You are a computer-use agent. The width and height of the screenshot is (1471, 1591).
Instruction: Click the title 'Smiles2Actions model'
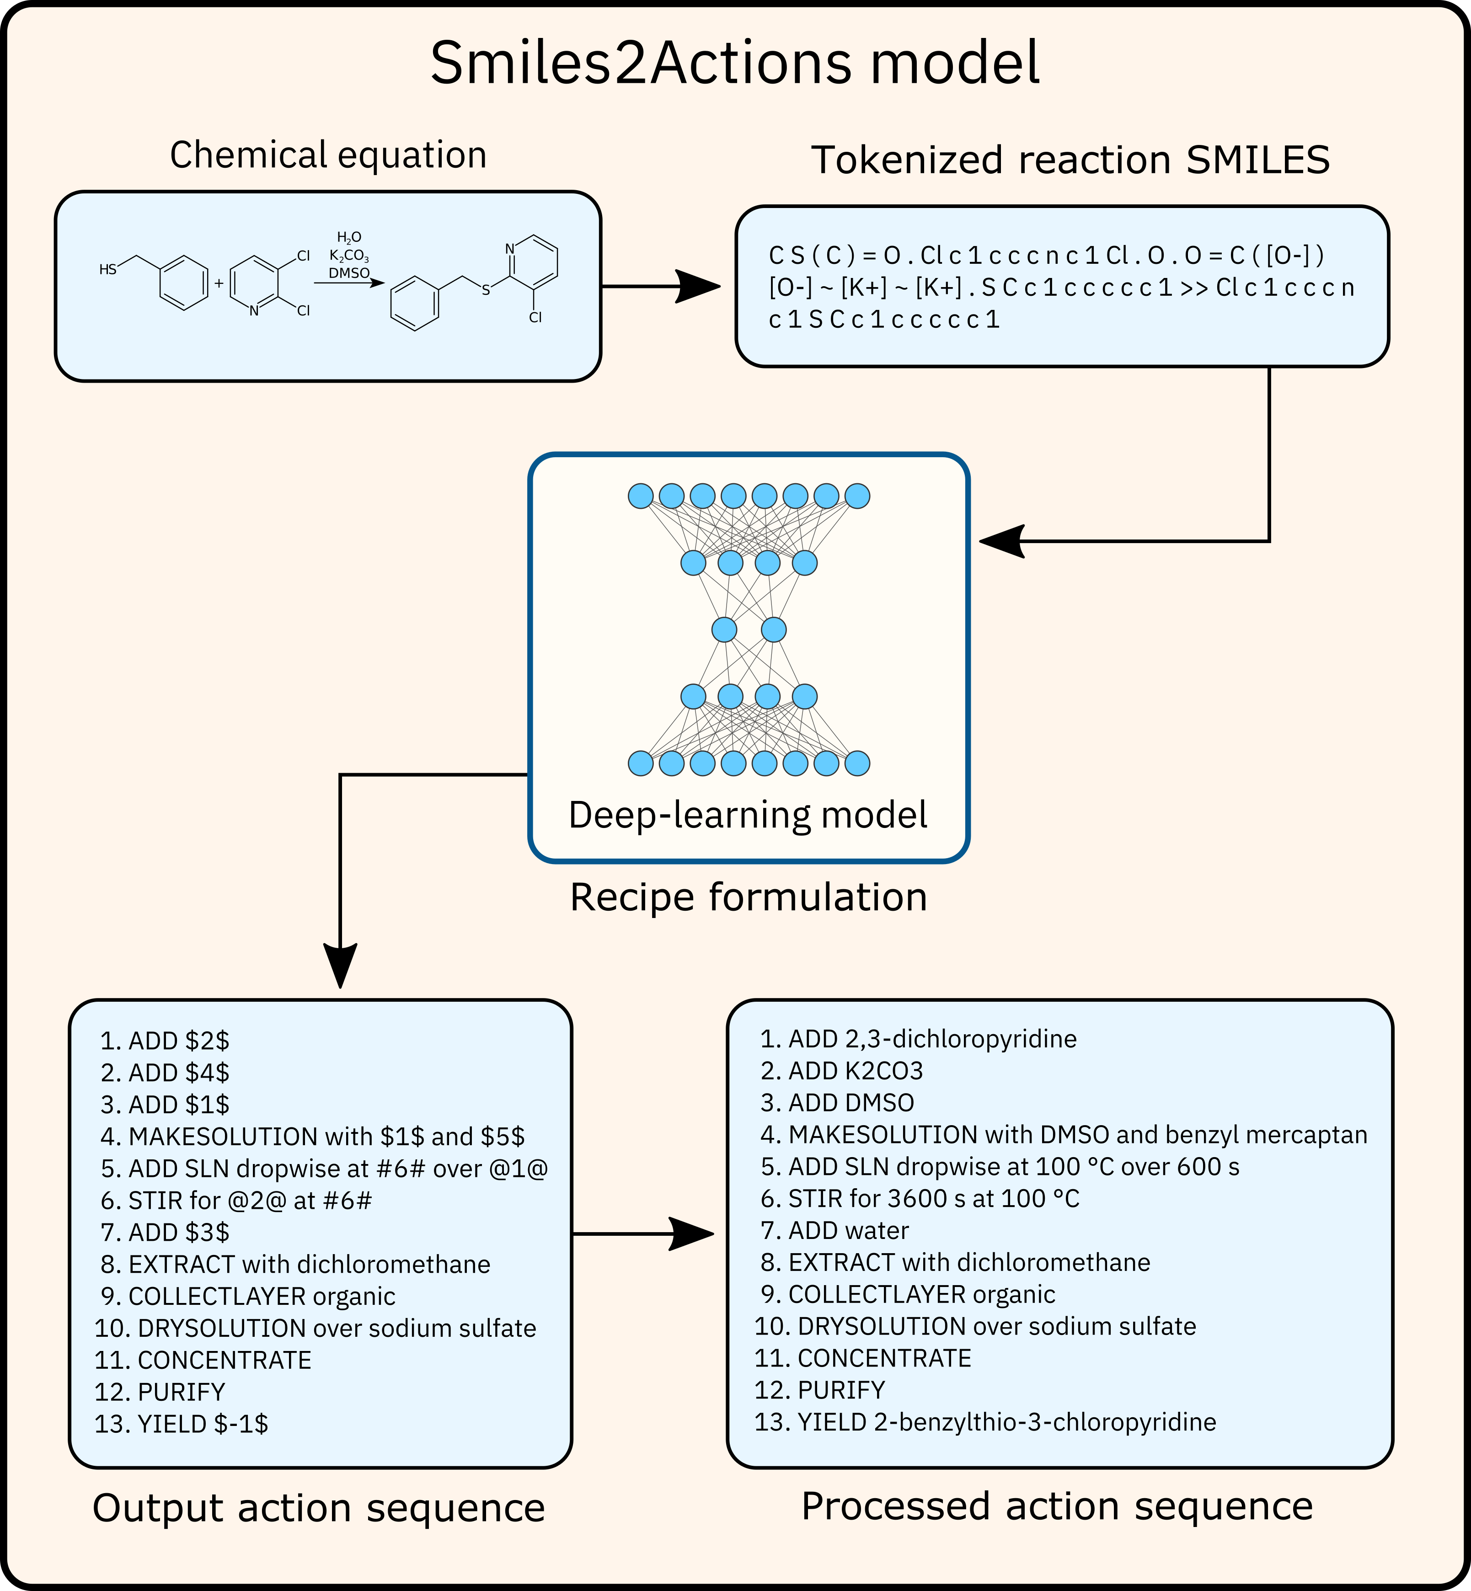[735, 64]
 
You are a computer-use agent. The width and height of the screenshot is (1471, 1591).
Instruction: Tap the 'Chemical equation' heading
[328, 155]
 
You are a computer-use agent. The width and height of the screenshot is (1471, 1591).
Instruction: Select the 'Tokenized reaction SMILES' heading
[1070, 160]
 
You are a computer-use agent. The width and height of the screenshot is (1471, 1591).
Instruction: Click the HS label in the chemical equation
[107, 270]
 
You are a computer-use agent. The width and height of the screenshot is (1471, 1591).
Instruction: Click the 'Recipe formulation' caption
[748, 897]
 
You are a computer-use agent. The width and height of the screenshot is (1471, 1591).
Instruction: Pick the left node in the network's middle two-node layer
[723, 630]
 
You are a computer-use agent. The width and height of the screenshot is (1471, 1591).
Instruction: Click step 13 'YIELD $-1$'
[182, 1424]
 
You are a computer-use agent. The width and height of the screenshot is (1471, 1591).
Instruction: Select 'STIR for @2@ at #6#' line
[236, 1200]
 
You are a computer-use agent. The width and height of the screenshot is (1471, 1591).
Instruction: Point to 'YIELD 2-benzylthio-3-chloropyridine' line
[985, 1421]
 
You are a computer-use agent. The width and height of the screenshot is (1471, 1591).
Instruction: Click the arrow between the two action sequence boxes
[643, 1233]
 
